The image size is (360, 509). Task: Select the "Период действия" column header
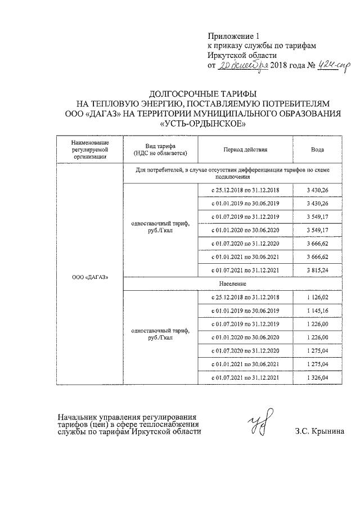tap(244, 150)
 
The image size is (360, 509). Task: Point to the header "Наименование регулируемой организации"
tap(89, 150)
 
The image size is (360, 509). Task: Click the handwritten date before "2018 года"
tap(244, 66)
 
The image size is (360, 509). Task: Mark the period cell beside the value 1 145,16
tap(244, 310)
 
